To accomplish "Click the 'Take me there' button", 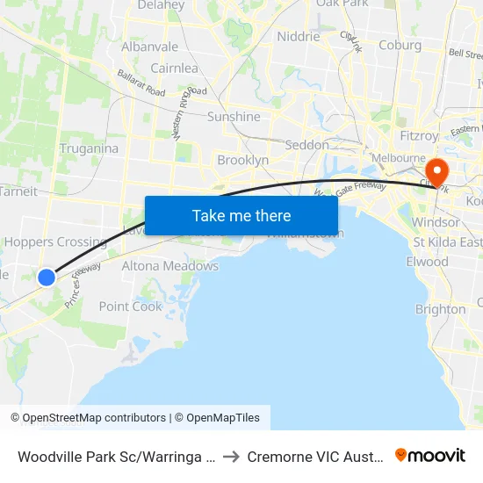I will click(x=241, y=215).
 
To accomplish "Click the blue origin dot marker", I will click(x=47, y=278).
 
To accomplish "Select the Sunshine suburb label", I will click(x=234, y=117).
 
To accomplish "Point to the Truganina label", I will click(x=89, y=148).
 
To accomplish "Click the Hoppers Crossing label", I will click(x=56, y=242).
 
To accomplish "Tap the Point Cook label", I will click(x=131, y=306).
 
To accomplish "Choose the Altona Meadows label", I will click(x=169, y=266).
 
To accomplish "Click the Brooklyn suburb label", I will click(x=242, y=161).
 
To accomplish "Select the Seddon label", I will click(x=306, y=145).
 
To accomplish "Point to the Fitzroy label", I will click(x=418, y=136).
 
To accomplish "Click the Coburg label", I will click(x=400, y=45).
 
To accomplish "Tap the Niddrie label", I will click(x=299, y=37).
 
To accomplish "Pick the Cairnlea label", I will click(x=175, y=68).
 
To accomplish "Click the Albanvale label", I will click(x=149, y=47).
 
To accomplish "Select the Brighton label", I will click(x=440, y=309).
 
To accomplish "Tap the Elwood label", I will click(x=428, y=262).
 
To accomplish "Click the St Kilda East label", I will click(x=448, y=242).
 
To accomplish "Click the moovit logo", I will click(x=430, y=455).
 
